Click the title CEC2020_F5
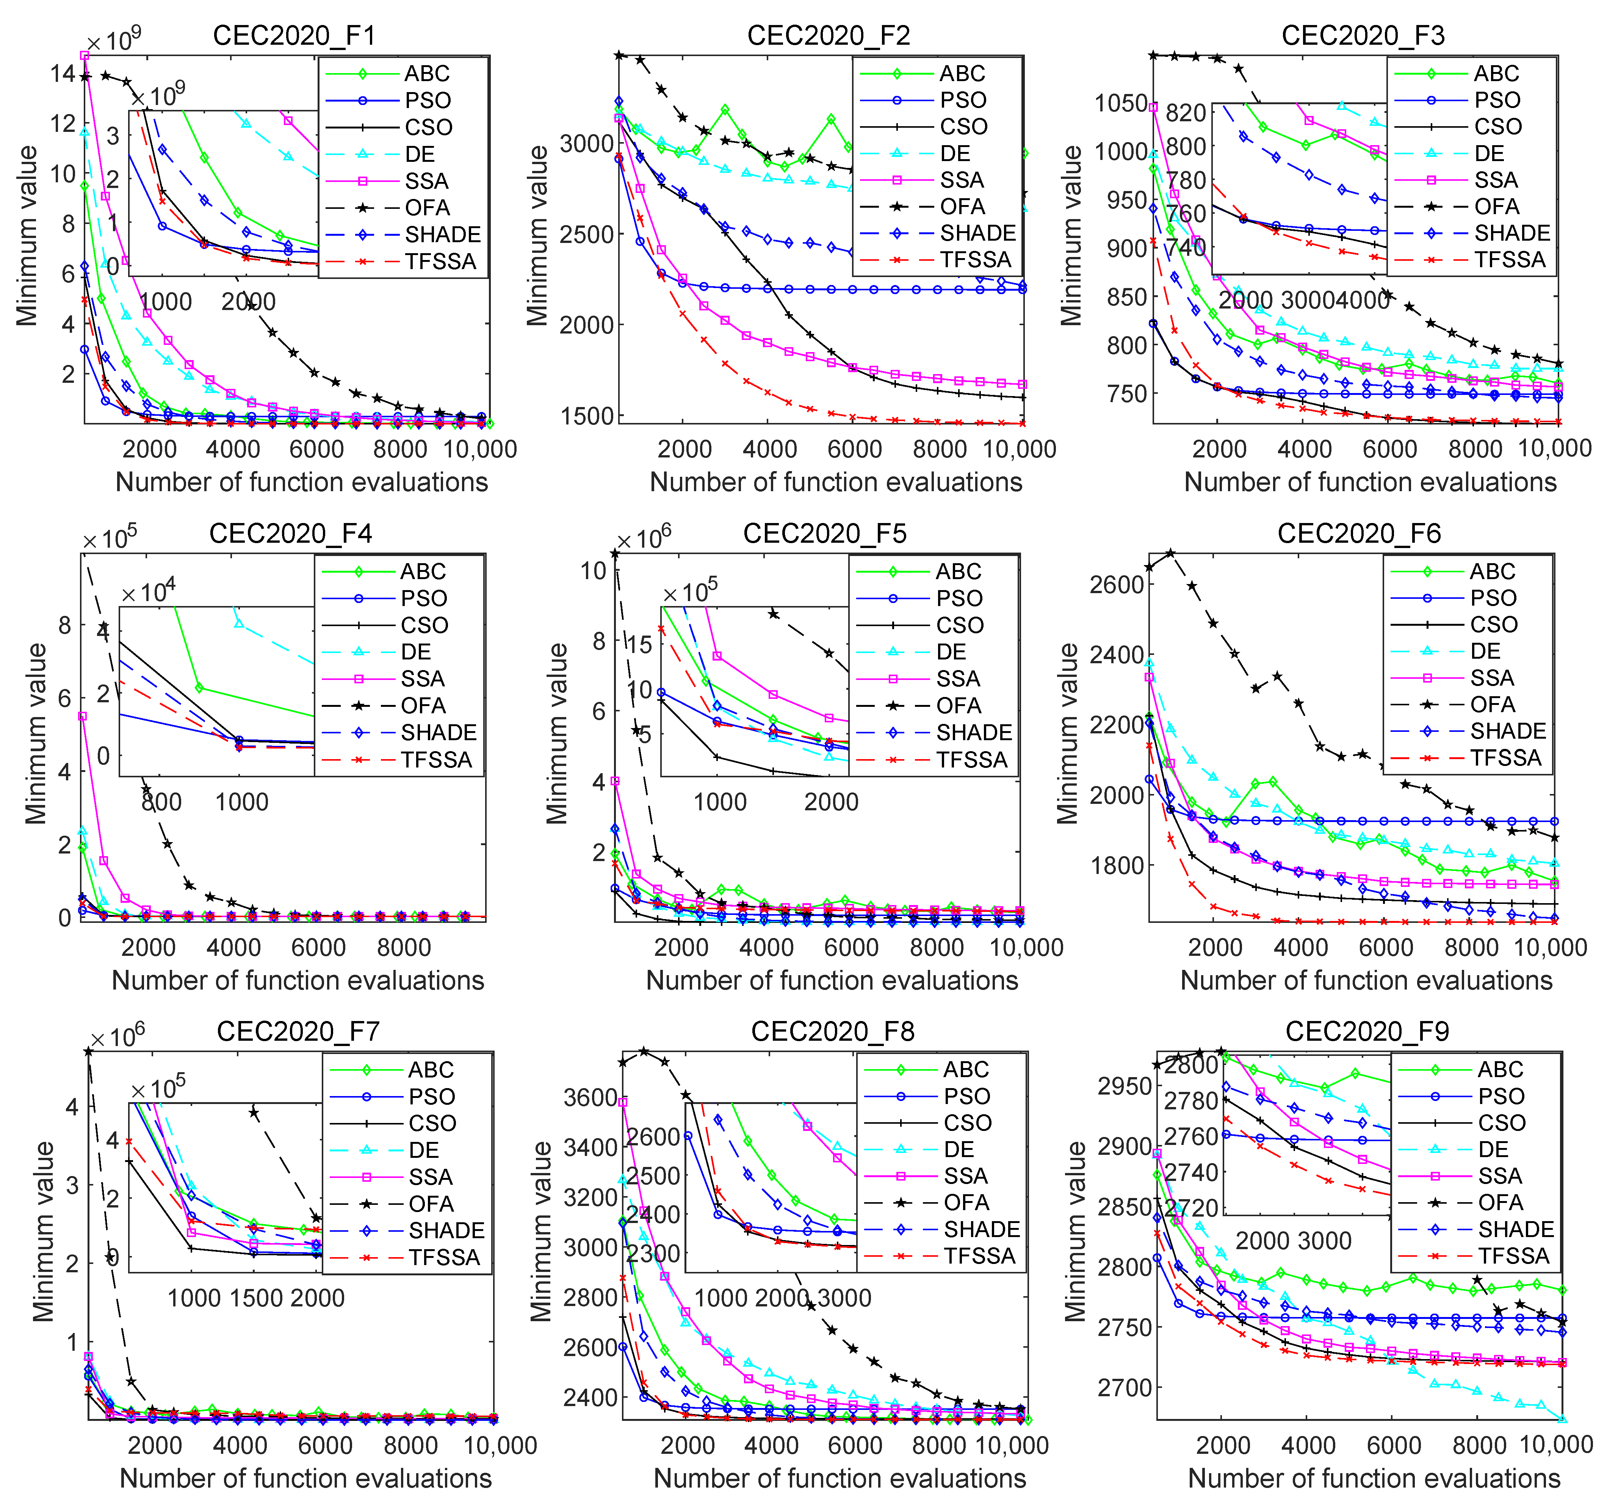coord(824,534)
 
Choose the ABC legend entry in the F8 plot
coord(966,1070)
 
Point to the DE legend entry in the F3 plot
coord(1489,153)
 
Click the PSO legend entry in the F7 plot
coord(432,1096)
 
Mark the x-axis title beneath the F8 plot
coord(839,1478)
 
